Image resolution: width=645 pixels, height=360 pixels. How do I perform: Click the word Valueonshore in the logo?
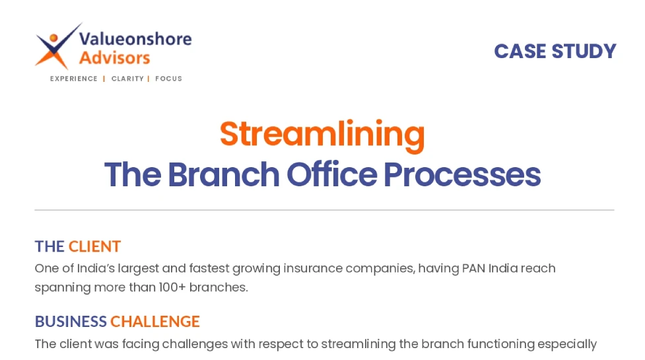(x=135, y=39)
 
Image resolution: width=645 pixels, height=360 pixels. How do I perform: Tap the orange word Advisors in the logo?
(x=114, y=58)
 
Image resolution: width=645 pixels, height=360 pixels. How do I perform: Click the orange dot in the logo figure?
(x=53, y=38)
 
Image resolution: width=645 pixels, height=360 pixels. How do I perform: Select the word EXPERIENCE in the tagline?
(x=74, y=79)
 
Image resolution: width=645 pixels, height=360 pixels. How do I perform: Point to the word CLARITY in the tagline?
(x=127, y=79)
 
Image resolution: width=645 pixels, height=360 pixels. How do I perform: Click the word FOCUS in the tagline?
(x=168, y=79)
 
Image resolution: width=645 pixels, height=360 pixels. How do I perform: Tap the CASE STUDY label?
(x=555, y=52)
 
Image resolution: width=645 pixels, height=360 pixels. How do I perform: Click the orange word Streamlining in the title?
(x=322, y=135)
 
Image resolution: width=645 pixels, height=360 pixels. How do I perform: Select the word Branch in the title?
(x=224, y=174)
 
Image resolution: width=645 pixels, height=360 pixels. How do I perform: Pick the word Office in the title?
(x=331, y=174)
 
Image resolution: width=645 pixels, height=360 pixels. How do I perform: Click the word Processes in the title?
(x=462, y=174)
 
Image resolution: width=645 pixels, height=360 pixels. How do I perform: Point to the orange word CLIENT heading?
(x=94, y=246)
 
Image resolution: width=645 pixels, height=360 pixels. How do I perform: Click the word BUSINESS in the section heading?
(x=71, y=321)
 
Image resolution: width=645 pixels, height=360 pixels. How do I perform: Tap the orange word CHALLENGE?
(x=155, y=321)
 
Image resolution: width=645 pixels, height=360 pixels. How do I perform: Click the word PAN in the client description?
(x=473, y=268)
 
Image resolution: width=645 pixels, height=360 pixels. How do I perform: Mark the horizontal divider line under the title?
(x=324, y=210)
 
